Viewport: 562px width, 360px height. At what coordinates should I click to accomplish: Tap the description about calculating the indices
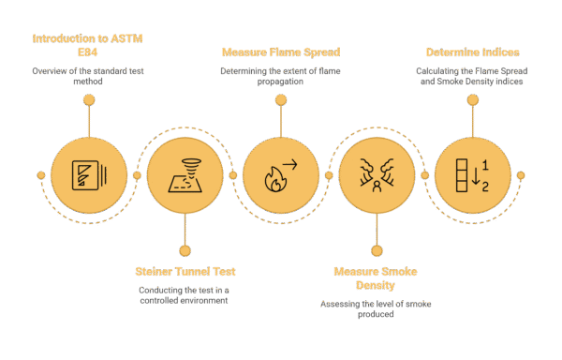click(468, 77)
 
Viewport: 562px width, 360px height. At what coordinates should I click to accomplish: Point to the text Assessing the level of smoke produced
click(373, 309)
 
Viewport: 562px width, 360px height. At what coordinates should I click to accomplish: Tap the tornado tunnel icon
click(185, 175)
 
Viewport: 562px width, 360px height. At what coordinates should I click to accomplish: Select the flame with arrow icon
click(280, 175)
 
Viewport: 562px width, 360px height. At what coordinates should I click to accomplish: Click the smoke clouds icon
click(376, 175)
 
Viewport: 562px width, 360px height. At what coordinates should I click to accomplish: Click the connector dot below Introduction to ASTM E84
click(89, 99)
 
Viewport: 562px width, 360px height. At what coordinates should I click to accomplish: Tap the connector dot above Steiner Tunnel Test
click(185, 249)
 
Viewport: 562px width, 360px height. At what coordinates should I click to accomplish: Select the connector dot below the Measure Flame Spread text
click(280, 99)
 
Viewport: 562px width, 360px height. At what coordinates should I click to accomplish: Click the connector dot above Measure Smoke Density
click(376, 249)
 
